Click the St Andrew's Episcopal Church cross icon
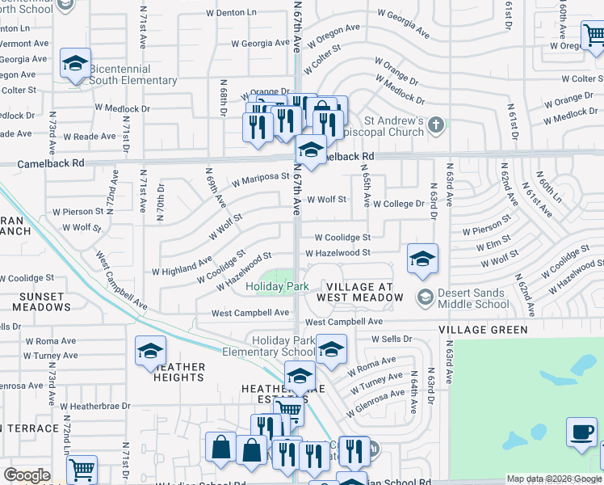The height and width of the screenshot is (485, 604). point(436,124)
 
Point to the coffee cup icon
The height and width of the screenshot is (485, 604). point(581,432)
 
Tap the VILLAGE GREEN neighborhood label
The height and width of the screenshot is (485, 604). point(483,330)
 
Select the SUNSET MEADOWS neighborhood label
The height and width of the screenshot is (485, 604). point(35,302)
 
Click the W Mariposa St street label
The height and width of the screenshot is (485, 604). point(260,179)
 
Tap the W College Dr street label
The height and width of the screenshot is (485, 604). point(398,205)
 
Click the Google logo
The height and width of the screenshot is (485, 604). point(27,475)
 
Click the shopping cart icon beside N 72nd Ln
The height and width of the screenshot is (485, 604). point(81,470)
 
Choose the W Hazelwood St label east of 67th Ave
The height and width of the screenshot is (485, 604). point(338,253)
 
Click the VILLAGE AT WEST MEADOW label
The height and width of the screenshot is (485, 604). point(365,293)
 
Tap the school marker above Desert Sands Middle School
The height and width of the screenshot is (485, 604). point(422,259)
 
